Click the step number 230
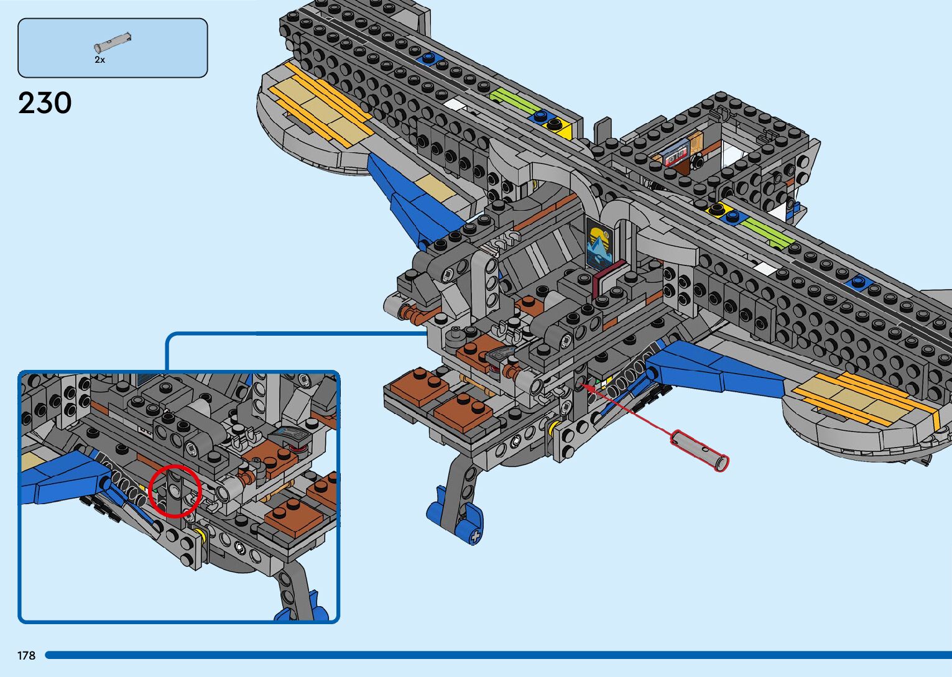tap(45, 103)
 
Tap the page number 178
tap(27, 656)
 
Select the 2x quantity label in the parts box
tap(99, 60)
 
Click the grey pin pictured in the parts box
tap(113, 42)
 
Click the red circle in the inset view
tap(175, 490)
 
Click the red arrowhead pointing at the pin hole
tap(587, 387)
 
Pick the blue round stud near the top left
tap(428, 58)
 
